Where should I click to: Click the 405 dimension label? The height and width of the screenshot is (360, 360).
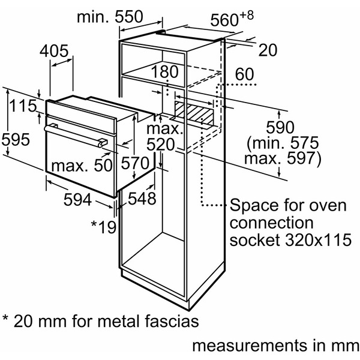58,52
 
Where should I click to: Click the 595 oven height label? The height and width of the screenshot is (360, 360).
15,139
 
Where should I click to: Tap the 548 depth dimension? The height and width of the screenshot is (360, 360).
142,198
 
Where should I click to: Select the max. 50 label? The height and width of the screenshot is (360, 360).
82,164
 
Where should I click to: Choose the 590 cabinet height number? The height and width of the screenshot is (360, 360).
280,128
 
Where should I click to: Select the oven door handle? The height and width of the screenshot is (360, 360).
76,134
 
